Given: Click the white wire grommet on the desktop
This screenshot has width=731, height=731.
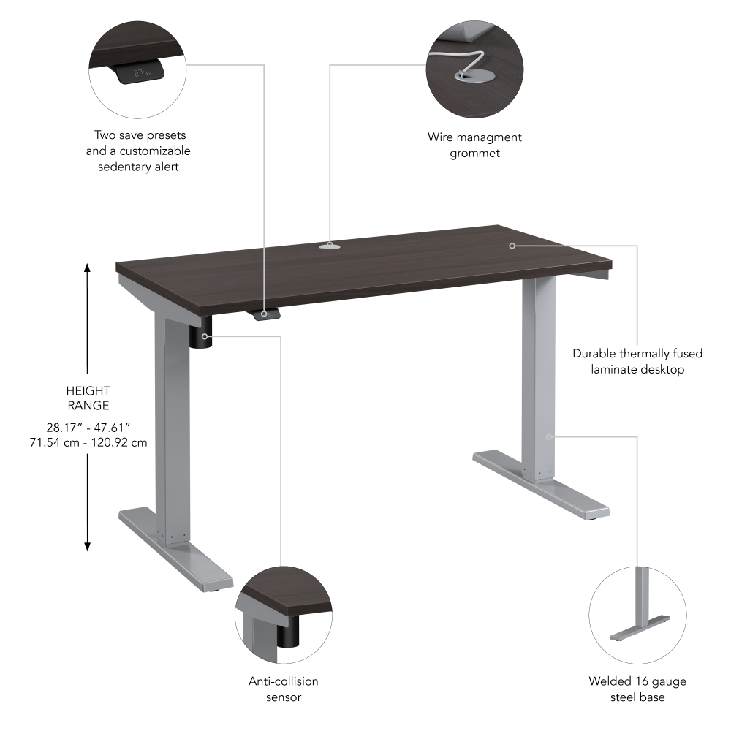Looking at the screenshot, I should pos(330,246).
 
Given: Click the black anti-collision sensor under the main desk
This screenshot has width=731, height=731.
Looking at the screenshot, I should pos(202,337).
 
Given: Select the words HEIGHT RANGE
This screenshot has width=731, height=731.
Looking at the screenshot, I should pos(88,398).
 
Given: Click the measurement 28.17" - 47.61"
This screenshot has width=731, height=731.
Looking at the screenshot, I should pos(88,427).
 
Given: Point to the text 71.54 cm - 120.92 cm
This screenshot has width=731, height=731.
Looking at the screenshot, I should pos(88,442).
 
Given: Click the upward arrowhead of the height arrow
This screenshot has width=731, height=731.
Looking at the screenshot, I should pos(88,268).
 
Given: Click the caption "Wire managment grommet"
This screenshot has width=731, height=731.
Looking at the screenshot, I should pos(474,145).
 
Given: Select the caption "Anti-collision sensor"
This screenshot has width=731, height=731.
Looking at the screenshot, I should pos(284,689).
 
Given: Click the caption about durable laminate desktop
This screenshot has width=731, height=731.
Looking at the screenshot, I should pos(637,361).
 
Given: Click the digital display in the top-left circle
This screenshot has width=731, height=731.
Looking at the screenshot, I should pos(140,72).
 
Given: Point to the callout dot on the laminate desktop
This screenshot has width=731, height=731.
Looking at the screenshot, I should pos(512,246).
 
